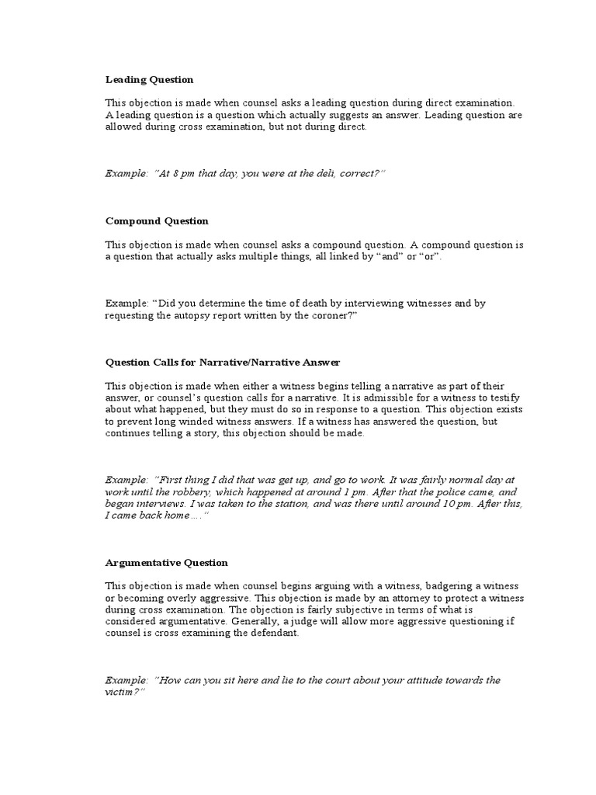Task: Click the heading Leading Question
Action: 150,79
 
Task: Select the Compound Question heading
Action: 157,220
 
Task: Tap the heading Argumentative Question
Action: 167,562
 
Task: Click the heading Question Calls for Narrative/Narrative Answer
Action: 223,363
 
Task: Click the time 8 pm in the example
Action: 178,174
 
